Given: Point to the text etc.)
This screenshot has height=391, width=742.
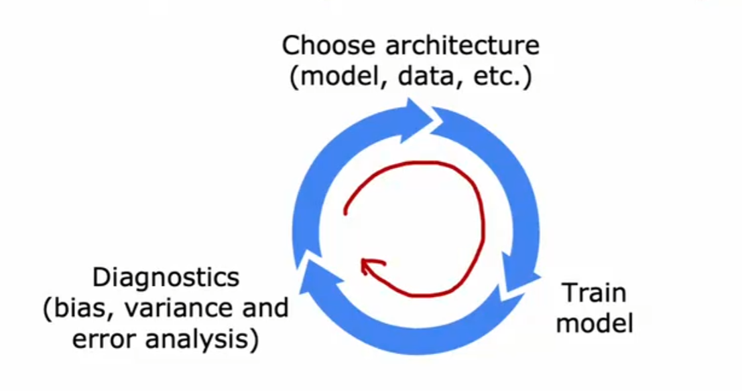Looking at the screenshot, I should coord(499,78).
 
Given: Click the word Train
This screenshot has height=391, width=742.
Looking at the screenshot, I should coord(595,293).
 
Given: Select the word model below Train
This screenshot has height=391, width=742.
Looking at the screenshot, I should coord(595,323).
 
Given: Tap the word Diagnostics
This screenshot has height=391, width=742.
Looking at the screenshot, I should coord(166,277).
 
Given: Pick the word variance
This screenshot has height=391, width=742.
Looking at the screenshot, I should coord(177,309).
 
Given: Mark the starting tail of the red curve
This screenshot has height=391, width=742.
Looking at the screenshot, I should coord(345,213).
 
